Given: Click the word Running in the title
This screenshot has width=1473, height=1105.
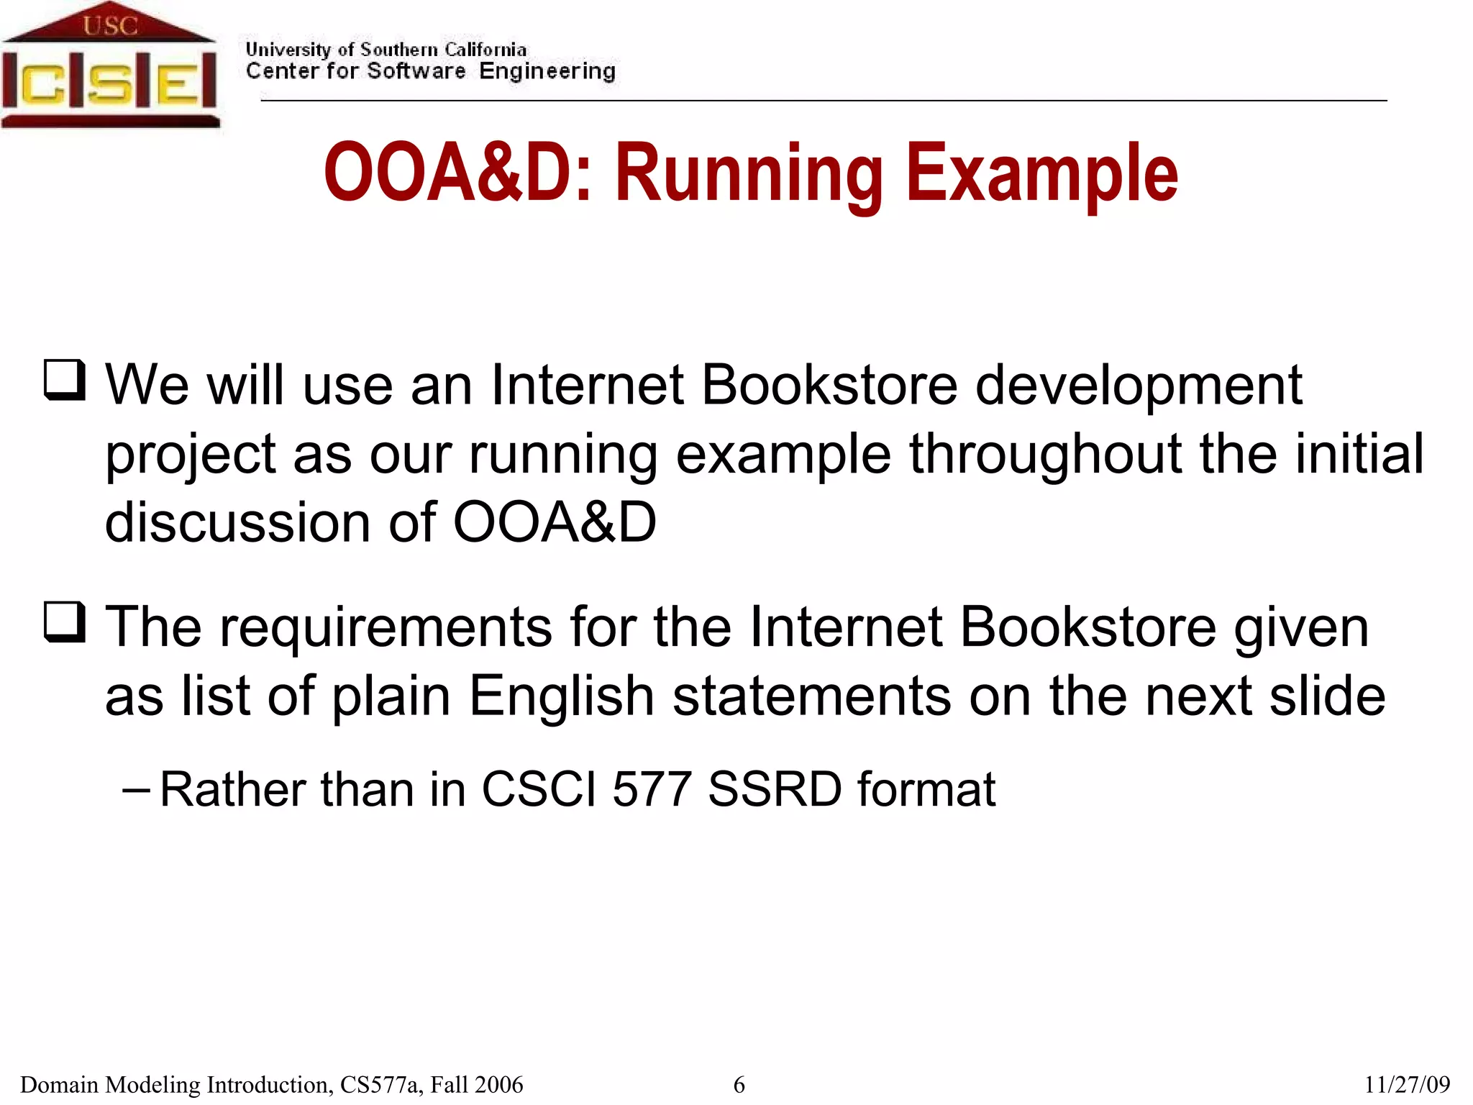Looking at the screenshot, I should (749, 173).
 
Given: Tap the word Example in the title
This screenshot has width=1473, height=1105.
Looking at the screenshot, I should (1042, 173).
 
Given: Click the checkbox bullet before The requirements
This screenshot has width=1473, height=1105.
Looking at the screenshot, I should (65, 622).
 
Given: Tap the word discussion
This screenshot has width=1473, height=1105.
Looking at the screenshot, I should (237, 522).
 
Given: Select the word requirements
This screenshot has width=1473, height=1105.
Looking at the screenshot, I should (386, 627).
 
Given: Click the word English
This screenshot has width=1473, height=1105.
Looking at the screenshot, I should (561, 696).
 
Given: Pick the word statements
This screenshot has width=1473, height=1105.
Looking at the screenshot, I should (811, 696).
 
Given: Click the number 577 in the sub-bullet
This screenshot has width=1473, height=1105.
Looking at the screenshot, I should (652, 790).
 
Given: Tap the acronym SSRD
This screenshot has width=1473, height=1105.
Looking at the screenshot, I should (775, 790).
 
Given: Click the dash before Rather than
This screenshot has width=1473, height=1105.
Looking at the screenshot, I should (136, 790).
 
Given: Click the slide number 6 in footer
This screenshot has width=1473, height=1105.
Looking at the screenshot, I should (739, 1084).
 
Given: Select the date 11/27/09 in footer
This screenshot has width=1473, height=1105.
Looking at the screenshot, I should (1407, 1084).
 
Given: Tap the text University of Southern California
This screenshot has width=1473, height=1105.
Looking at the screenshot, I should (386, 50).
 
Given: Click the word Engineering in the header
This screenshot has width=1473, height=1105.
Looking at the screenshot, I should (547, 71).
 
